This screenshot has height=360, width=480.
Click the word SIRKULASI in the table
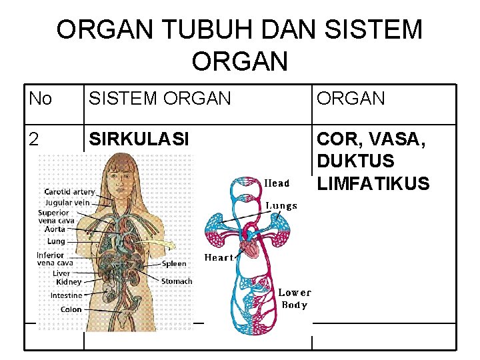(139, 139)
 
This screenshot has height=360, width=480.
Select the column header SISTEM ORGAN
(160, 99)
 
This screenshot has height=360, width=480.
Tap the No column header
(41, 99)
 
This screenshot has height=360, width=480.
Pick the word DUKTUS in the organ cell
(355, 161)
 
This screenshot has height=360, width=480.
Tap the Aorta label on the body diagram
(55, 228)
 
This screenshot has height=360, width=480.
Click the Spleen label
(174, 263)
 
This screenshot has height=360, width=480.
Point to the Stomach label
(177, 281)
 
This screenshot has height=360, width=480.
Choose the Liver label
(61, 273)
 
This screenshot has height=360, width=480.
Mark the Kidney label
(69, 283)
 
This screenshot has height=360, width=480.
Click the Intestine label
(67, 295)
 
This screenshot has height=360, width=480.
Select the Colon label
(71, 309)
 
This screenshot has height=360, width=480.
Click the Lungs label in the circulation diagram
(282, 206)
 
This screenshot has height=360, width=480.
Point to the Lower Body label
(294, 299)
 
